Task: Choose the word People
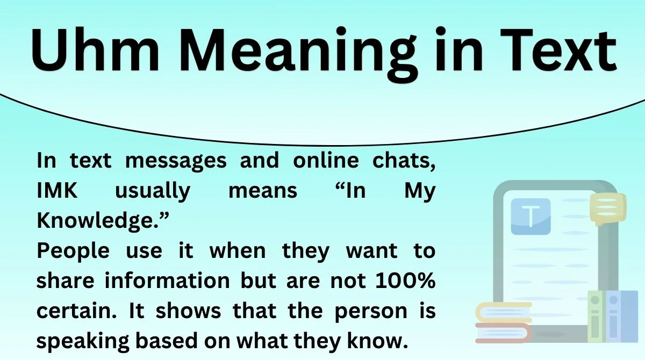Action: tap(73, 251)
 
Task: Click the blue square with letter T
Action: tap(531, 217)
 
